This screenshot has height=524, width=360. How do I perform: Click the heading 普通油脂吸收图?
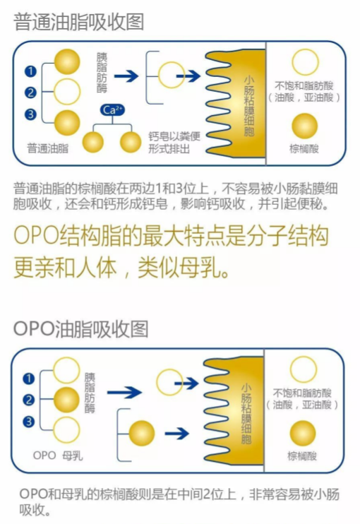(79, 23)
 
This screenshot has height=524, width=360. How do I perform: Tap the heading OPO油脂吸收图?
(80, 329)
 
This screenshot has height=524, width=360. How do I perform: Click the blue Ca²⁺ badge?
(112, 110)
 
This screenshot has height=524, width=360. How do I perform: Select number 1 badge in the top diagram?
(30, 71)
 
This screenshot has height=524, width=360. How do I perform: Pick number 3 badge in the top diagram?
(30, 114)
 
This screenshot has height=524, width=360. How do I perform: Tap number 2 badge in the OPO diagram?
(29, 400)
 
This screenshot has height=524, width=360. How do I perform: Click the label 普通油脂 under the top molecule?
(48, 148)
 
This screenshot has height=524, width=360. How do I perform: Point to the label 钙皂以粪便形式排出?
(174, 143)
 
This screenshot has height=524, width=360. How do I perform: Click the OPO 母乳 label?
(58, 455)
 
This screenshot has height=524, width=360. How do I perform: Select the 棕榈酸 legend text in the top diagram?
(304, 149)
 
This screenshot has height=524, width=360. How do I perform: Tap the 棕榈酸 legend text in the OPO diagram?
(302, 456)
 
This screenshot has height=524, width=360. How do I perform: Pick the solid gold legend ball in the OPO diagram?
(303, 434)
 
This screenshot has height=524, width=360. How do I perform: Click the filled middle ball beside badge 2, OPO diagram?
(66, 400)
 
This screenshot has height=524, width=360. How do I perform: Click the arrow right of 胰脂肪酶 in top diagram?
(126, 76)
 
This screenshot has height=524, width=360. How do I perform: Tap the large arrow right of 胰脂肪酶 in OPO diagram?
(124, 393)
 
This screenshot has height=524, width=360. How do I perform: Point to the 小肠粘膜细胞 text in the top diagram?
(248, 106)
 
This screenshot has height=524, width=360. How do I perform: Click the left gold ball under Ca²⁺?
(93, 142)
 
